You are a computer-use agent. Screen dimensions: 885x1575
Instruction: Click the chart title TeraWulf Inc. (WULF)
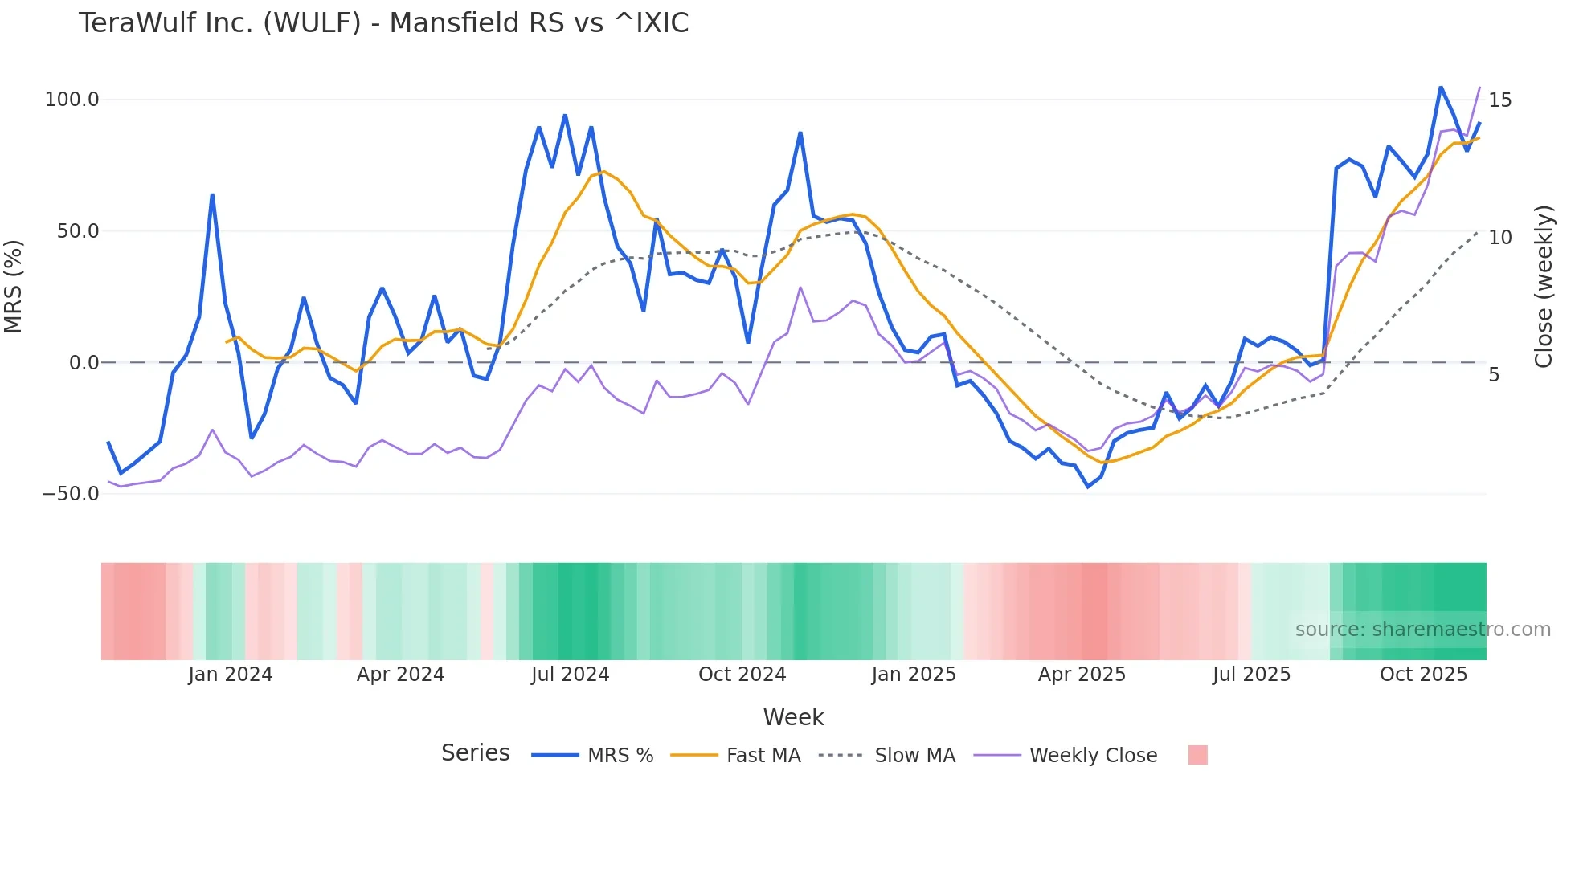coord(383,23)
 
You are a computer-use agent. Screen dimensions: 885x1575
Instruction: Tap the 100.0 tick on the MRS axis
coord(72,100)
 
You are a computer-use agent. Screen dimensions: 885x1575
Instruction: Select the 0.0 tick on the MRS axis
coord(84,363)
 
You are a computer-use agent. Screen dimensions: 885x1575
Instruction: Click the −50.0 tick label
coord(71,494)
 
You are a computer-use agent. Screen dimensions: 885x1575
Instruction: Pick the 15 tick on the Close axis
coord(1499,100)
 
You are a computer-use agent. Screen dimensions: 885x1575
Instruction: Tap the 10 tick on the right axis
coord(1499,238)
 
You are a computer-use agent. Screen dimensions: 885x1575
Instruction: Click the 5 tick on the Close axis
coord(1494,375)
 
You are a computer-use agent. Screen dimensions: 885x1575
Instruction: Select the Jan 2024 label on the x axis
coord(231,675)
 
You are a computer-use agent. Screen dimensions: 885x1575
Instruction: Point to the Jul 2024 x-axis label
coord(571,675)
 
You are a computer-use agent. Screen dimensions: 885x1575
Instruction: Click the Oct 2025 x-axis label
coord(1423,675)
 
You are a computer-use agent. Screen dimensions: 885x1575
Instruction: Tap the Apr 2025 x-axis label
coord(1082,675)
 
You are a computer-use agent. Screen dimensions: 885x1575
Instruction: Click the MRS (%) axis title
coord(14,286)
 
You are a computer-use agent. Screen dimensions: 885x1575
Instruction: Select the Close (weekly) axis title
coord(1544,287)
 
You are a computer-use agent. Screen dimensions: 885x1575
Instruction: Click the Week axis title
coord(793,717)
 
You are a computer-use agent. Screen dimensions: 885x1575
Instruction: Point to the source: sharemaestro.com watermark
coord(1422,630)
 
